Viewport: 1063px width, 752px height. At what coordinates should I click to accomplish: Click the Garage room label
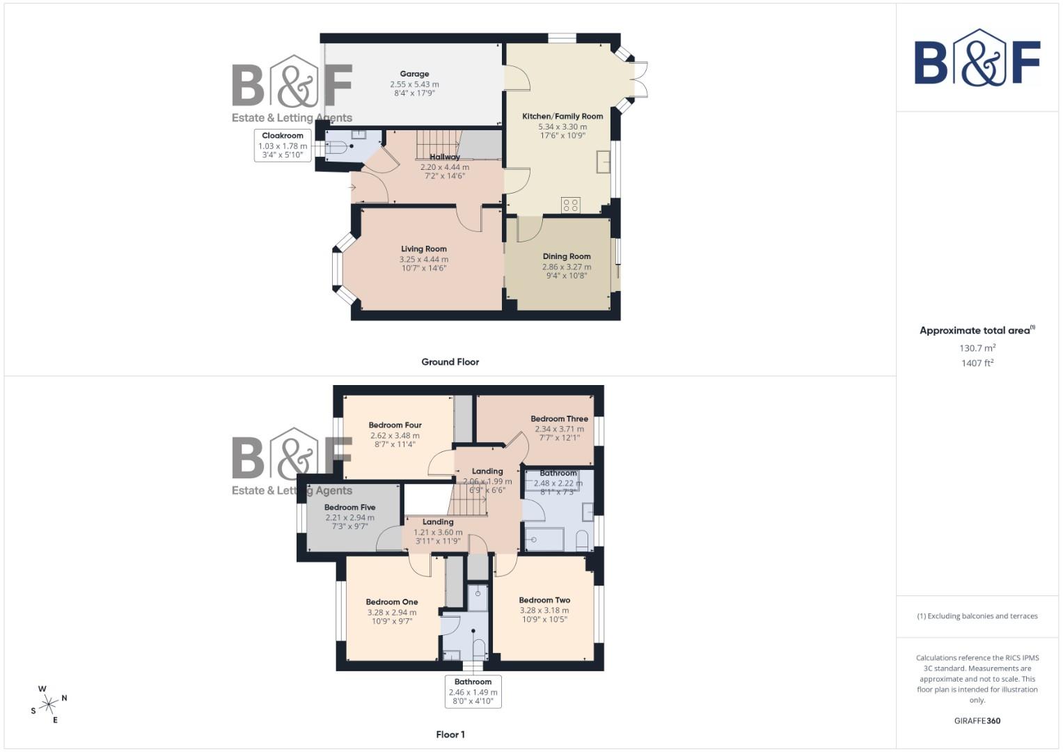[x=414, y=74]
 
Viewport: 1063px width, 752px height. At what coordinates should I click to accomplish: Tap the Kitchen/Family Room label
[x=562, y=116]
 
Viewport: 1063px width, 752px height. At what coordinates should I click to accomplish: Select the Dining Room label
[x=567, y=256]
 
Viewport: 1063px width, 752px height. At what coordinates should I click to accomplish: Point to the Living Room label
[x=423, y=249]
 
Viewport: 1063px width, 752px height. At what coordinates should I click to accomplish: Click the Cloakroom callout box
[x=283, y=146]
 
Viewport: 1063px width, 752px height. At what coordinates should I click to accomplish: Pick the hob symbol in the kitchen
[x=570, y=205]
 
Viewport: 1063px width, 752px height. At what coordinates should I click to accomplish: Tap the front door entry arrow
[x=354, y=187]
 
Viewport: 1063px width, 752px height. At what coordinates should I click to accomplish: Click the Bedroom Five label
[x=349, y=507]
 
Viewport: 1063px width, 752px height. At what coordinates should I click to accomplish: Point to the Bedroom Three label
[x=559, y=418]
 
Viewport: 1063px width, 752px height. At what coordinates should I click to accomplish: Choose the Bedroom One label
[x=392, y=602]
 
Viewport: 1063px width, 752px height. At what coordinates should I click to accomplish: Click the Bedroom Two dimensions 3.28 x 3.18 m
[x=544, y=610]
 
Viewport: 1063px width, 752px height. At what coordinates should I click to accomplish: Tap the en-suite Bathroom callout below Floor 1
[x=473, y=691]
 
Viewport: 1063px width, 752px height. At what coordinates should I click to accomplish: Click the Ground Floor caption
[x=450, y=361]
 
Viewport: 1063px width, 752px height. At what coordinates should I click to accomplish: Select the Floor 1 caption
[x=450, y=734]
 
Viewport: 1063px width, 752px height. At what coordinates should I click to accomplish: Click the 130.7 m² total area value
[x=977, y=348]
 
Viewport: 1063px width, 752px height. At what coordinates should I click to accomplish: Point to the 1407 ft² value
[x=977, y=363]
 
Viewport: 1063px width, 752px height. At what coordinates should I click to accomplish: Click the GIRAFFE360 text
[x=977, y=721]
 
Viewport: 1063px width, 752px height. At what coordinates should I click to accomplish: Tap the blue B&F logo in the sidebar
[x=977, y=58]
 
